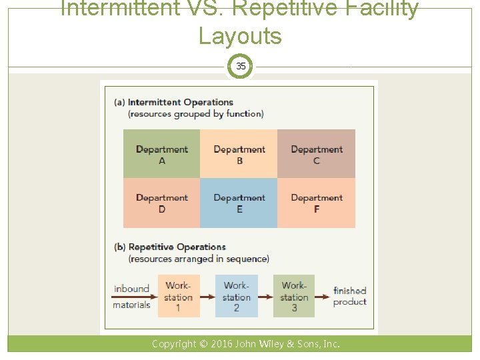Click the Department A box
(161, 154)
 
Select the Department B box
(239, 154)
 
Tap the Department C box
(316, 154)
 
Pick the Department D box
(161, 203)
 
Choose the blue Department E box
(239, 203)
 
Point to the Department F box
(316, 203)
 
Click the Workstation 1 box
(178, 296)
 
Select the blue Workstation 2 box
(236, 296)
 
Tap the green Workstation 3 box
(294, 296)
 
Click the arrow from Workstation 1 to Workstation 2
(207, 296)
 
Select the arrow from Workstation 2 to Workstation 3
(265, 296)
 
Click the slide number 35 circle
(241, 66)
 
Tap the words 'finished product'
(350, 296)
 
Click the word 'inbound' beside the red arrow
(131, 289)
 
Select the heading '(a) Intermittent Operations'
(173, 102)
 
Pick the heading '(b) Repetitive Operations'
(170, 247)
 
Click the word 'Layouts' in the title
(240, 36)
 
